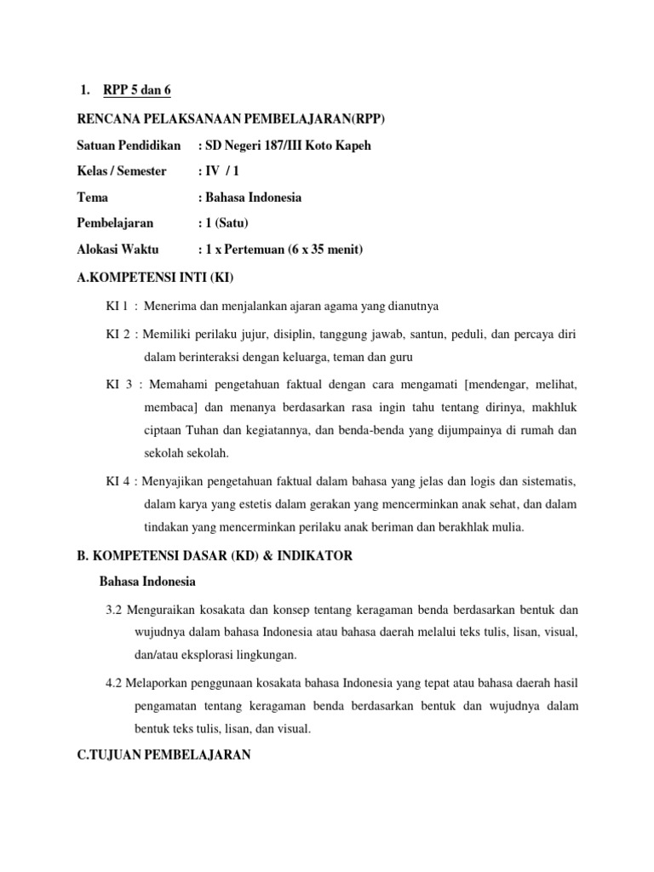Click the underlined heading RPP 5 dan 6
click(x=137, y=90)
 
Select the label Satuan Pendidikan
click(x=129, y=146)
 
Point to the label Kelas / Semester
click(x=122, y=171)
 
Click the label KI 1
click(x=116, y=306)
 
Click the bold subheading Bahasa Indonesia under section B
click(x=147, y=582)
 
